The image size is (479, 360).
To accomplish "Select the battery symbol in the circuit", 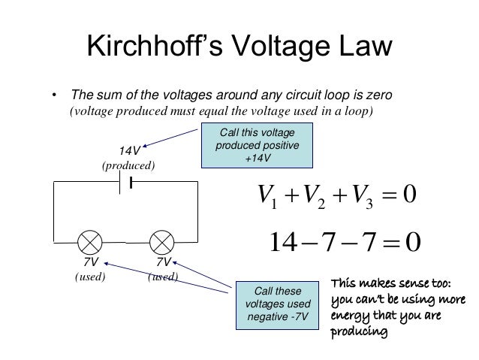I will (128, 183).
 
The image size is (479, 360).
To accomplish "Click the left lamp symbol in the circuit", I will (92, 242).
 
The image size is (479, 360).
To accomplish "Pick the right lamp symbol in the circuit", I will (162, 242).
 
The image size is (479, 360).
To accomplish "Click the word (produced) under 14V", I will (128, 164).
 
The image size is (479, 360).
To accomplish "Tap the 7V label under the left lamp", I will (91, 263).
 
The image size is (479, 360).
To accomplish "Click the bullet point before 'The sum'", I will (54, 96).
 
